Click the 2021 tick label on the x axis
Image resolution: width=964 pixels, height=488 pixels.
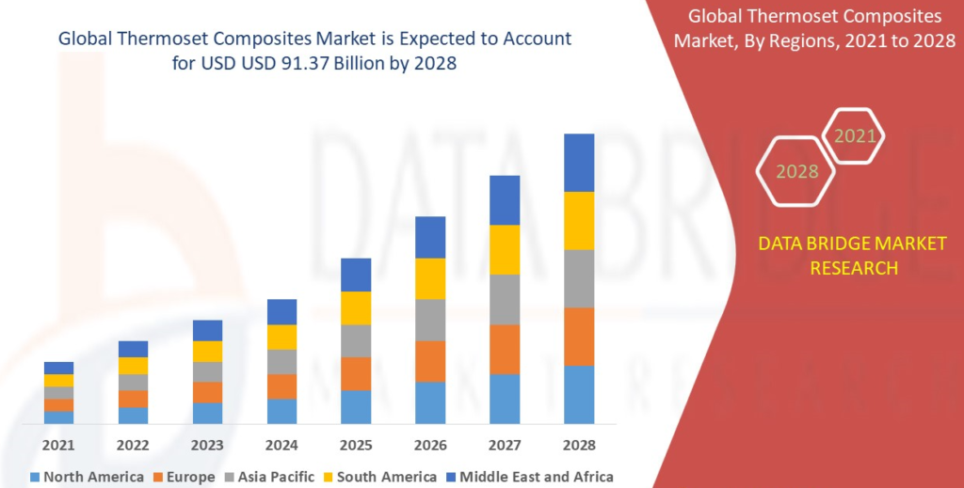click(x=58, y=445)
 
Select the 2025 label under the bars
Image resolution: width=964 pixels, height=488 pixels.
click(x=356, y=445)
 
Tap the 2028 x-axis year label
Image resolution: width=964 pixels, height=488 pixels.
click(x=579, y=445)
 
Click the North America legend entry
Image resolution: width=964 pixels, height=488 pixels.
click(x=87, y=477)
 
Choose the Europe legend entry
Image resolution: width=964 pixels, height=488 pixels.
click(x=185, y=477)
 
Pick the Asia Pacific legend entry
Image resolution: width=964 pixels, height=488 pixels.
click(x=270, y=477)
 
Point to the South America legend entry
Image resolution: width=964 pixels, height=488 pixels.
click(x=380, y=477)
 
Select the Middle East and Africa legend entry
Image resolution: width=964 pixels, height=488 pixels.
click(x=530, y=477)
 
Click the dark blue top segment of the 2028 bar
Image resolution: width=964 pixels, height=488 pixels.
click(x=579, y=163)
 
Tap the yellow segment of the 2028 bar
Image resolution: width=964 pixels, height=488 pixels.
click(x=579, y=221)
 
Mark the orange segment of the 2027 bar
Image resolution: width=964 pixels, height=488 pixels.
click(x=505, y=349)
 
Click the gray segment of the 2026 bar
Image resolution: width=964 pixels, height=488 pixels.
click(x=430, y=320)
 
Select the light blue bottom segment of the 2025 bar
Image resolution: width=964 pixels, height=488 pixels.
click(x=356, y=407)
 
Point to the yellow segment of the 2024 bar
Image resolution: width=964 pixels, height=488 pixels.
click(x=281, y=337)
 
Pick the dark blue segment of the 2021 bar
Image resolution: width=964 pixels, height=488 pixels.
click(x=58, y=369)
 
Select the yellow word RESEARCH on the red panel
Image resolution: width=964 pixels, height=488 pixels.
click(x=854, y=268)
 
